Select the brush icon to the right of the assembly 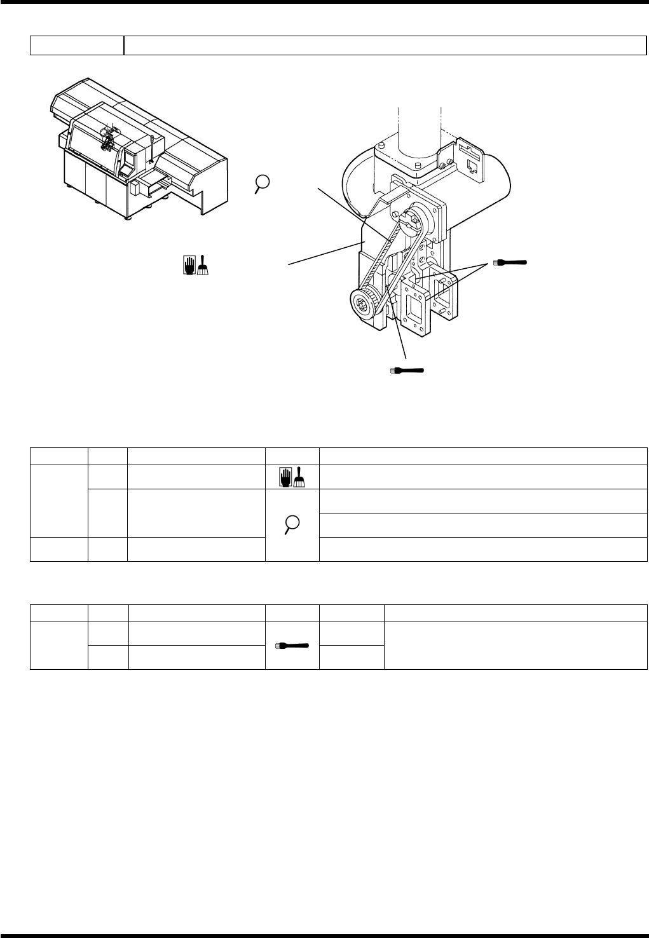(510, 262)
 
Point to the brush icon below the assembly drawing (407, 370)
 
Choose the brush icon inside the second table (292, 645)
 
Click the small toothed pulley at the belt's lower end (364, 303)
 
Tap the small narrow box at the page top (76, 46)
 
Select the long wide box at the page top (381, 46)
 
